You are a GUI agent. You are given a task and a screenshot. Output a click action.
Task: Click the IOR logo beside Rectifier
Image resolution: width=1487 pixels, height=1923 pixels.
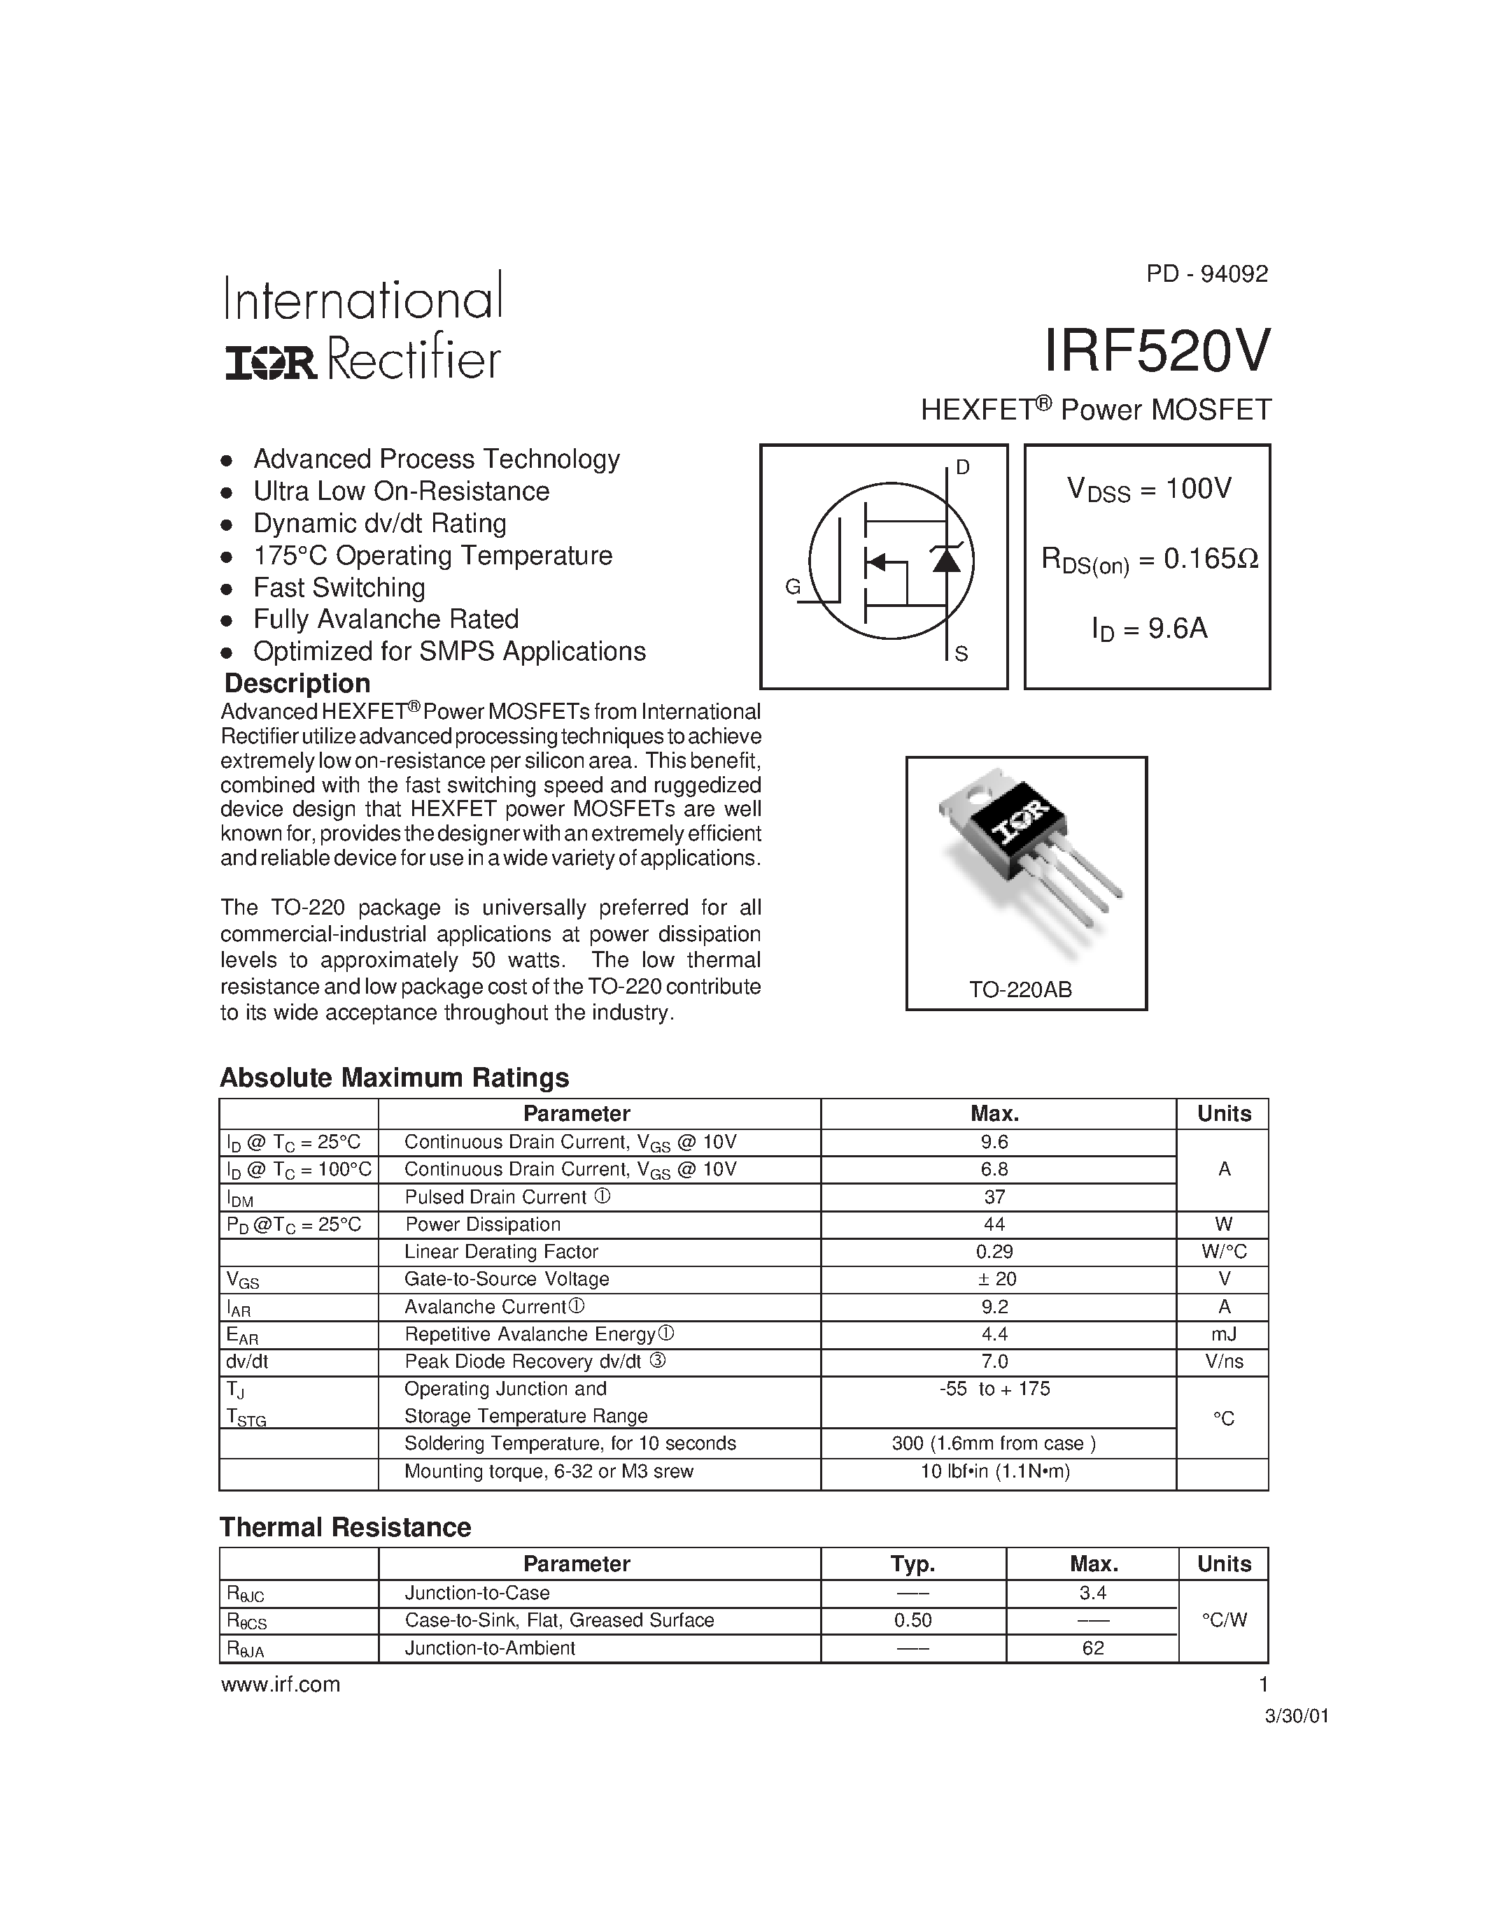tap(270, 362)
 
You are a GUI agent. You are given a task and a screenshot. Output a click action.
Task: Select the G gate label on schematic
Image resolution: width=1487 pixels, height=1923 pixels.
tap(793, 587)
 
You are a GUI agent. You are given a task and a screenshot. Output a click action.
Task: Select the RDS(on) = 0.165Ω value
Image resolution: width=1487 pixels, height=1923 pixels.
tap(1150, 559)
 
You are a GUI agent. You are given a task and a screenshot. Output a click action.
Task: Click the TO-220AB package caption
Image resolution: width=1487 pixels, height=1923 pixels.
tap(1021, 989)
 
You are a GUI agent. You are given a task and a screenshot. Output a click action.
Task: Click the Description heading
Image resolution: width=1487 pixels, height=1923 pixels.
tap(297, 683)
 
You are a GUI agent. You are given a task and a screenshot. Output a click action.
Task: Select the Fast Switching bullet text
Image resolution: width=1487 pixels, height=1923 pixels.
tap(339, 587)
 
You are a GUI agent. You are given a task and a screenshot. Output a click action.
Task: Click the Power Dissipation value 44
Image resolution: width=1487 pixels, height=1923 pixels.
tap(994, 1224)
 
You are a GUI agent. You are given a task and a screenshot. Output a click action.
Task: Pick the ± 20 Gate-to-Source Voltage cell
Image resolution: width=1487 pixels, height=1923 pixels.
tap(994, 1278)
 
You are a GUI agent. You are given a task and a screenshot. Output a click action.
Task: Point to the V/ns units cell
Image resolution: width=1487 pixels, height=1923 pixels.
tap(1224, 1361)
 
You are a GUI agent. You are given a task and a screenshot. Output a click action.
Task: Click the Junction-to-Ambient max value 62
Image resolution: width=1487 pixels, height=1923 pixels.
tap(1092, 1648)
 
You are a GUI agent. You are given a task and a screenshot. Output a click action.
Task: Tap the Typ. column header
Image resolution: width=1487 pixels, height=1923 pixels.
tap(912, 1564)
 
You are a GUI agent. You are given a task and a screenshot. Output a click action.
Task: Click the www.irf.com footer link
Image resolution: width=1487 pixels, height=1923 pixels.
tap(280, 1685)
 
